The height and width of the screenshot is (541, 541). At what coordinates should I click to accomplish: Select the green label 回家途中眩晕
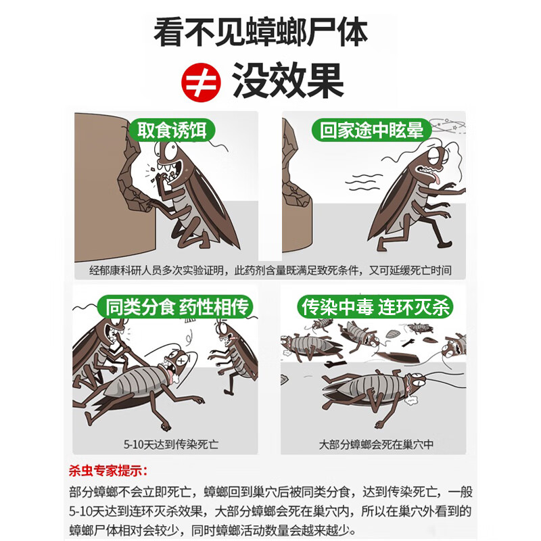[372, 130]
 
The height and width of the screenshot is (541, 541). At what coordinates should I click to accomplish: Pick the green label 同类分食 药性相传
[178, 308]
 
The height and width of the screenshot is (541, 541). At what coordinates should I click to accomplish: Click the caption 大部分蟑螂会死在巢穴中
[376, 445]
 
